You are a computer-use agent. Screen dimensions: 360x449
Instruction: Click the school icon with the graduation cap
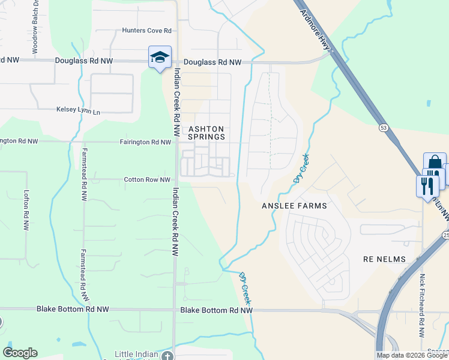click(160, 57)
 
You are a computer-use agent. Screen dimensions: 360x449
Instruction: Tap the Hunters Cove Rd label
click(146, 31)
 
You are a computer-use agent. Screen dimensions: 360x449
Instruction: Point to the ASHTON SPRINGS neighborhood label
click(206, 133)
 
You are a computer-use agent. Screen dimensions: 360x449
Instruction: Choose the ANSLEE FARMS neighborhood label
click(294, 206)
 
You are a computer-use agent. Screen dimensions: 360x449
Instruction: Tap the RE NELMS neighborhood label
click(385, 259)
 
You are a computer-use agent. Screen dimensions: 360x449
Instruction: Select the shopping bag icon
click(434, 164)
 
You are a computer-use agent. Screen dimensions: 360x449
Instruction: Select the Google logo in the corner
click(20, 353)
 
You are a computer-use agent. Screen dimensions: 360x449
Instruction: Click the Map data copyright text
click(412, 355)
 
